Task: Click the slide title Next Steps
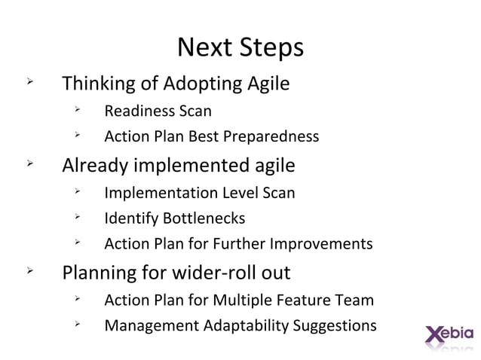(x=240, y=47)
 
